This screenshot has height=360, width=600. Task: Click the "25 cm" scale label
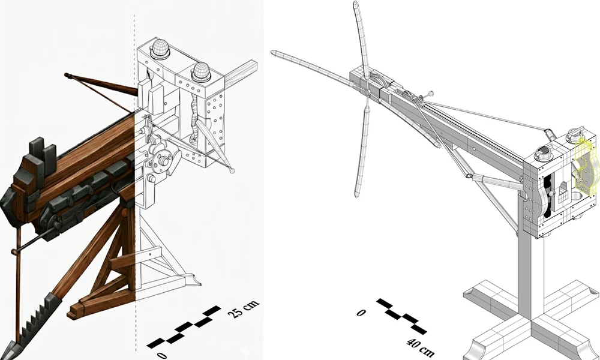(244, 309)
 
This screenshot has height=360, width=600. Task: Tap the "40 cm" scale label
(420, 347)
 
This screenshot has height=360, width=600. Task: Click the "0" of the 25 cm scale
(162, 355)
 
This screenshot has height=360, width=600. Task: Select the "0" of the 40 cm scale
(361, 313)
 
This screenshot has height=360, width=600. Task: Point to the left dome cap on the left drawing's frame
(160, 49)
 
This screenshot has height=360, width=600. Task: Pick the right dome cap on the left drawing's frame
(201, 72)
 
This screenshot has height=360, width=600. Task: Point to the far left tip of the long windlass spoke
(273, 52)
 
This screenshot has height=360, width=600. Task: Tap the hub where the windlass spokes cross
(367, 92)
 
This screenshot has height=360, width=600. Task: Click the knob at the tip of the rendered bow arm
(67, 76)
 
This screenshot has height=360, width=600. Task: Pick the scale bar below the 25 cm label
(184, 327)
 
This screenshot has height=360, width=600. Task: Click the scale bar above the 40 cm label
(401, 316)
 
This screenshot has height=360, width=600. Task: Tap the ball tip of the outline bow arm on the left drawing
(232, 170)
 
